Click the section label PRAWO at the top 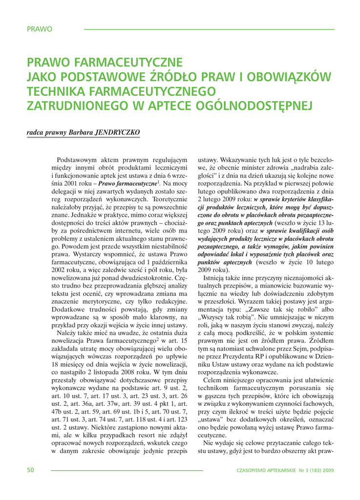pyautogui.click(x=40, y=29)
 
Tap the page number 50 pyautogui.click(x=30, y=470)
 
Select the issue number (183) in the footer pyautogui.click(x=311, y=471)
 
